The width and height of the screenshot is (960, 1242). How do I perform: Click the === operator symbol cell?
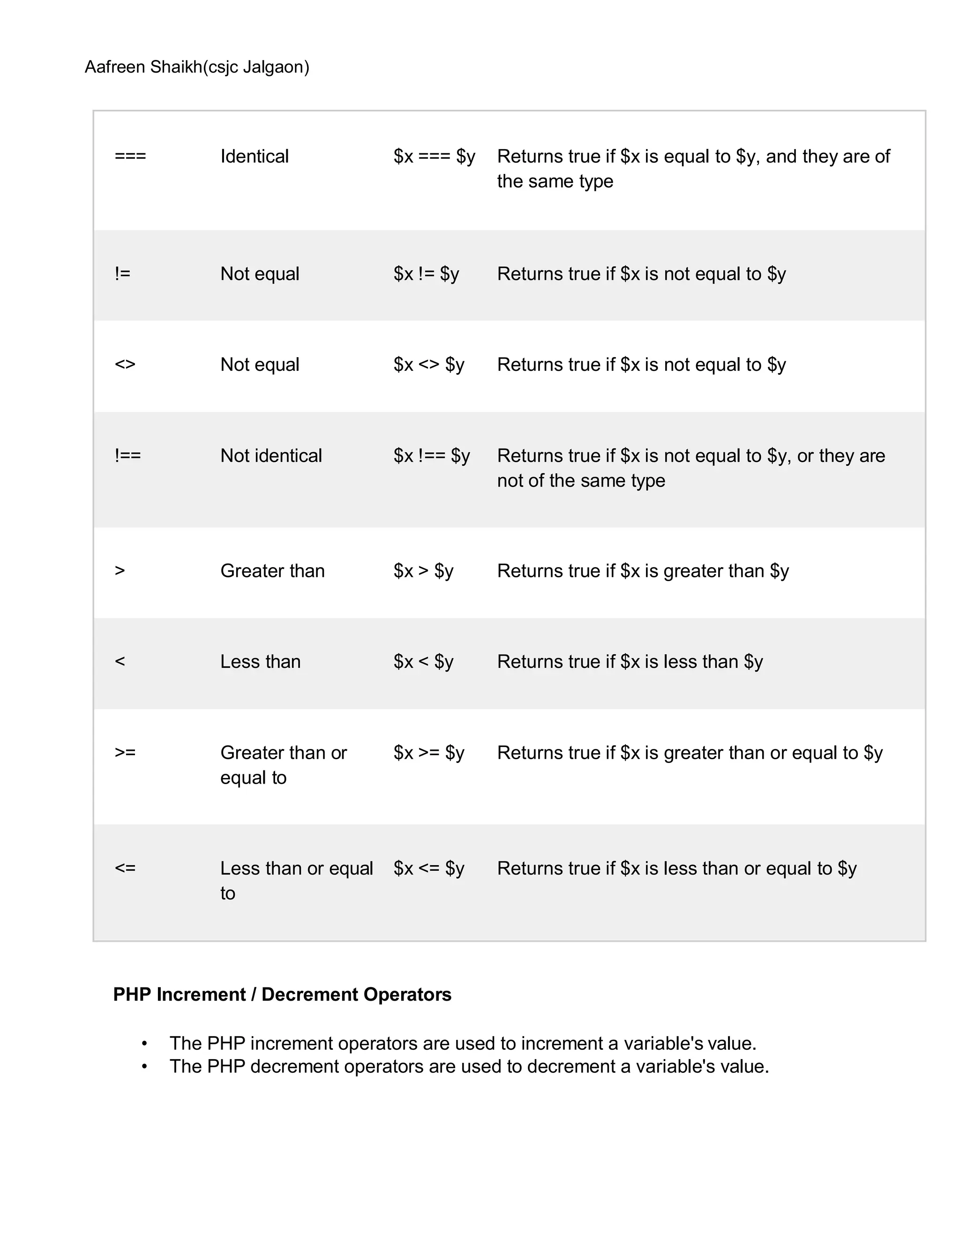pyautogui.click(x=130, y=157)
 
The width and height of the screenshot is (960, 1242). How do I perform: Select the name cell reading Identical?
pyautogui.click(x=254, y=157)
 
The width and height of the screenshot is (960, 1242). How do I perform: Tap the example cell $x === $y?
pyautogui.click(x=434, y=157)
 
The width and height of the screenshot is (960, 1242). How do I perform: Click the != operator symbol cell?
pyautogui.click(x=122, y=274)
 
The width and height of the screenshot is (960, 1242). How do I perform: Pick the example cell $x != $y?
pyautogui.click(x=426, y=274)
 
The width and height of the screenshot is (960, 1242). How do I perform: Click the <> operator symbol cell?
pyautogui.click(x=125, y=365)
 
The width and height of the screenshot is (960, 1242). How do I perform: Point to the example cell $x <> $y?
pyautogui.click(x=429, y=365)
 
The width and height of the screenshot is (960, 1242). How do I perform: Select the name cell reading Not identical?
pyautogui.click(x=271, y=456)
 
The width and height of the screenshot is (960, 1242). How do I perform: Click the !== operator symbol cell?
pyautogui.click(x=127, y=456)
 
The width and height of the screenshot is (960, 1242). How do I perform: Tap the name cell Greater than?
pyautogui.click(x=272, y=570)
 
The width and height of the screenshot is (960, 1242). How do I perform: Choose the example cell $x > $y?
pyautogui.click(x=423, y=570)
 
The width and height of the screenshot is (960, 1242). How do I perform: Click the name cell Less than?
pyautogui.click(x=261, y=661)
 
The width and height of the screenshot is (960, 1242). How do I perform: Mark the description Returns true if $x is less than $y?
pyautogui.click(x=630, y=661)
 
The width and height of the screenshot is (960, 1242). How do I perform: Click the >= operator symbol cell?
pyautogui.click(x=125, y=752)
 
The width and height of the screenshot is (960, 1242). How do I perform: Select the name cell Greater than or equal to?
pyautogui.click(x=283, y=764)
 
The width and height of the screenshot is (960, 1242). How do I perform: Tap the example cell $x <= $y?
pyautogui.click(x=429, y=868)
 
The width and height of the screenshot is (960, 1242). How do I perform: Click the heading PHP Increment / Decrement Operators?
pyautogui.click(x=282, y=995)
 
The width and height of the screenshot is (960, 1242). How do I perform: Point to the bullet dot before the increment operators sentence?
pyautogui.click(x=145, y=1044)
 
